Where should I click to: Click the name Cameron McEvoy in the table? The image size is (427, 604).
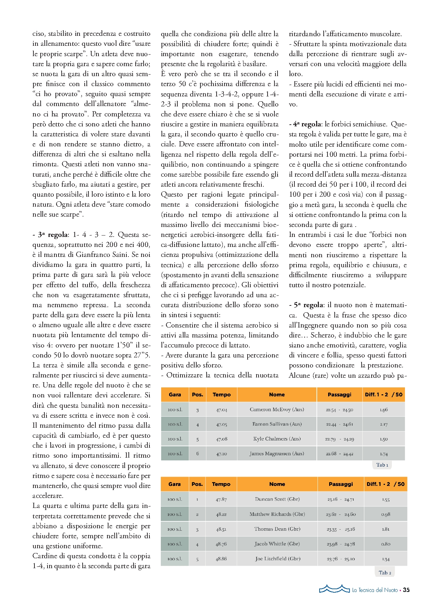[277, 409]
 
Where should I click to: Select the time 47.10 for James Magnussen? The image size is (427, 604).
[221, 454]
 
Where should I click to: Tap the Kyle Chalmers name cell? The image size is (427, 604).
[277, 439]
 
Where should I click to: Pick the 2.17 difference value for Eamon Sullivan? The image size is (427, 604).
[384, 424]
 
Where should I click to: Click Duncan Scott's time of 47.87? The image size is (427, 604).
[221, 499]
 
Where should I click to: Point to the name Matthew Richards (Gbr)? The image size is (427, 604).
[277, 514]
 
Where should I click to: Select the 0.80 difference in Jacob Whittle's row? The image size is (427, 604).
[386, 544]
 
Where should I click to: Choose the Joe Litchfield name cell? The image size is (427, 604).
[278, 559]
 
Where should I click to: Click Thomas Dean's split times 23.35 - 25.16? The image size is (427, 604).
[341, 529]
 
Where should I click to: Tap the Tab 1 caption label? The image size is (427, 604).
[382, 465]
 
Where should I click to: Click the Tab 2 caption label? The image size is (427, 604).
[385, 573]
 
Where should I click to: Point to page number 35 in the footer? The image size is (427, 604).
[406, 590]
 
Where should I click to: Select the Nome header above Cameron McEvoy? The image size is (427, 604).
[277, 395]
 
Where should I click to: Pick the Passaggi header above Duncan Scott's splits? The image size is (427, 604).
[341, 484]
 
